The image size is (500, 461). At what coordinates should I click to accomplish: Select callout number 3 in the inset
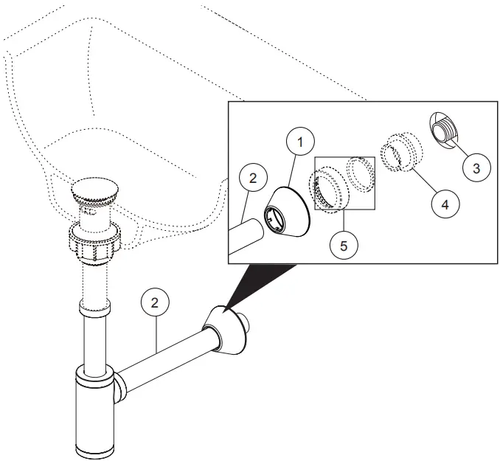[x=476, y=167]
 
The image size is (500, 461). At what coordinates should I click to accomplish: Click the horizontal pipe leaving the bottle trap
[x=166, y=362]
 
